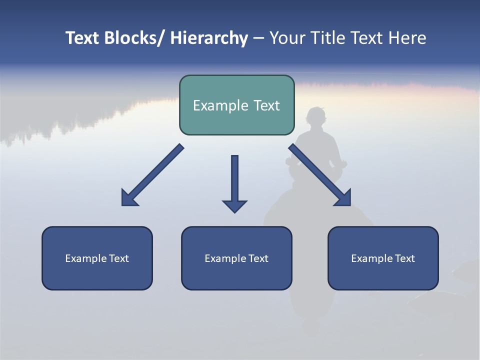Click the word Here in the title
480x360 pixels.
pyautogui.click(x=407, y=38)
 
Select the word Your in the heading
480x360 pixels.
pyautogui.click(x=287, y=38)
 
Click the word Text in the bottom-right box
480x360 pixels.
pyautogui.click(x=404, y=258)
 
